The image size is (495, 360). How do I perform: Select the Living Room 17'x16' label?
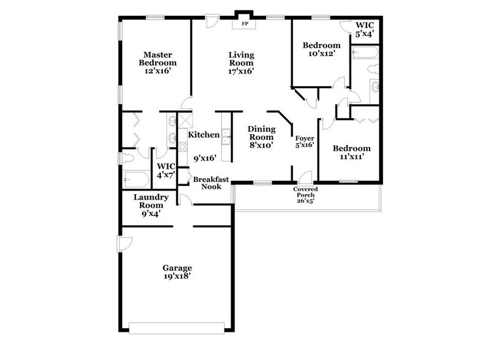point(241,63)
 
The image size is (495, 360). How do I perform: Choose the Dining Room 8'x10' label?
point(261,137)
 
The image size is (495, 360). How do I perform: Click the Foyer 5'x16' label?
point(304,142)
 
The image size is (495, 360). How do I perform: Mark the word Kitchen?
point(204,135)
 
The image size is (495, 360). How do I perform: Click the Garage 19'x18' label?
point(177,272)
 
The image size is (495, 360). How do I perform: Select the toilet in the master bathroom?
point(126,158)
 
